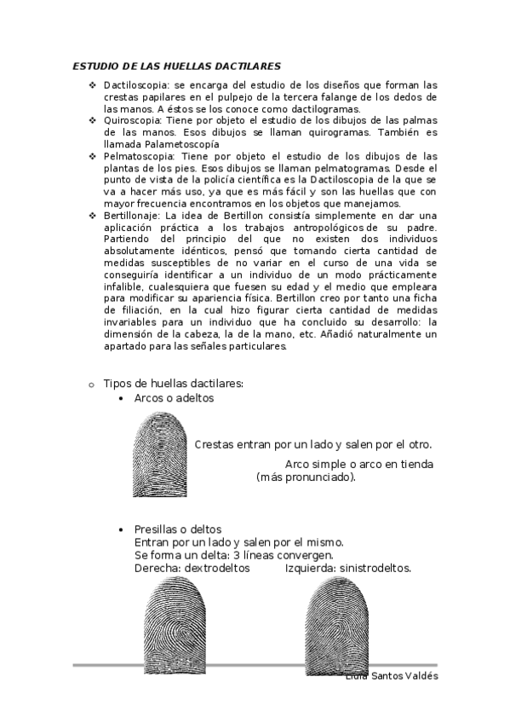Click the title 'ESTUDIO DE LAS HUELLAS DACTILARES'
(176, 66)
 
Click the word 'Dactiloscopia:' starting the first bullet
(132, 85)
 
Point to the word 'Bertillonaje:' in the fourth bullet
(130, 217)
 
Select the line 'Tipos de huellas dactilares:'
(173, 384)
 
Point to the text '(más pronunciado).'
(306, 477)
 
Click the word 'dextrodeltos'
(215, 567)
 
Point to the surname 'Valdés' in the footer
(421, 676)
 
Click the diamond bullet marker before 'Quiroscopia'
(93, 121)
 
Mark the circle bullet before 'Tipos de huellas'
(91, 385)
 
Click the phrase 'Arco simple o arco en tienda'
(359, 464)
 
